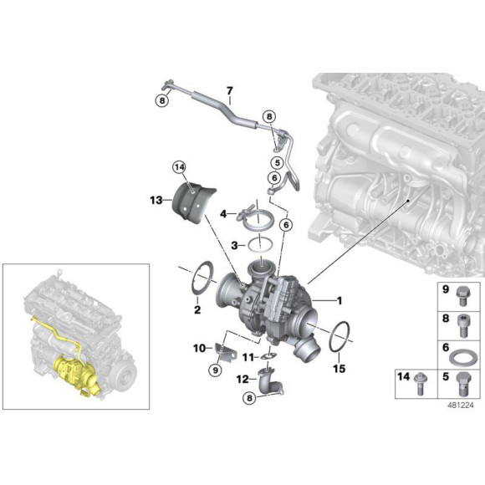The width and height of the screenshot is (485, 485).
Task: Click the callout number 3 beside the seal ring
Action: (237, 245)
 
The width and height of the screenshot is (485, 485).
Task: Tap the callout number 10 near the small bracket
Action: (198, 347)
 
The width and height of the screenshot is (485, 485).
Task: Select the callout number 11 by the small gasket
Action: (248, 358)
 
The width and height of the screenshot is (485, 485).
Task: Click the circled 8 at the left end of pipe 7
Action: (161, 100)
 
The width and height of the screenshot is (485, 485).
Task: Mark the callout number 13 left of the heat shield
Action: (156, 201)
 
